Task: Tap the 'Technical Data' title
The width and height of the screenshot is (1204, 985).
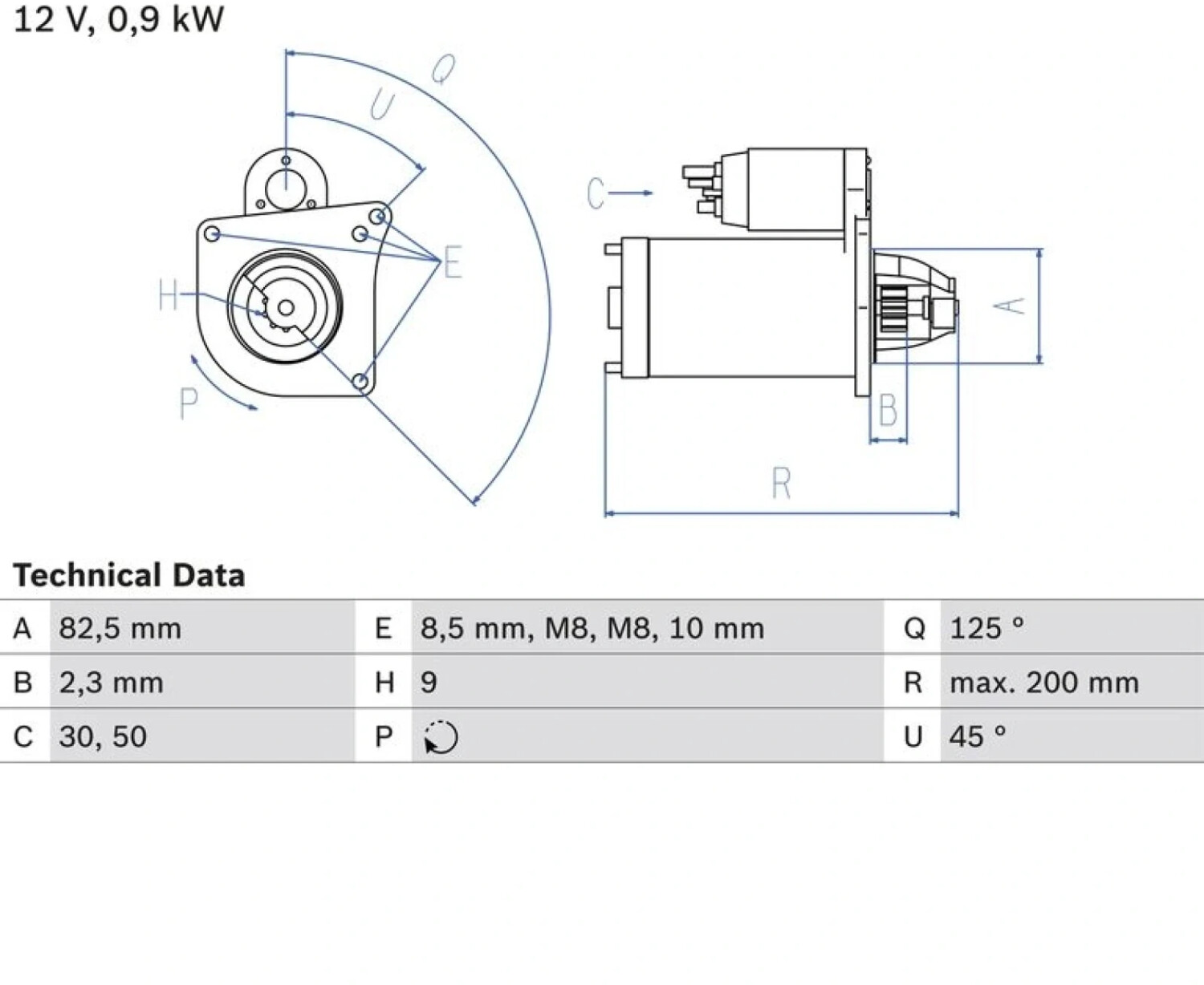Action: [x=129, y=574]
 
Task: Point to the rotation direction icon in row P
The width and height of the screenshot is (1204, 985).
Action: [x=441, y=737]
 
